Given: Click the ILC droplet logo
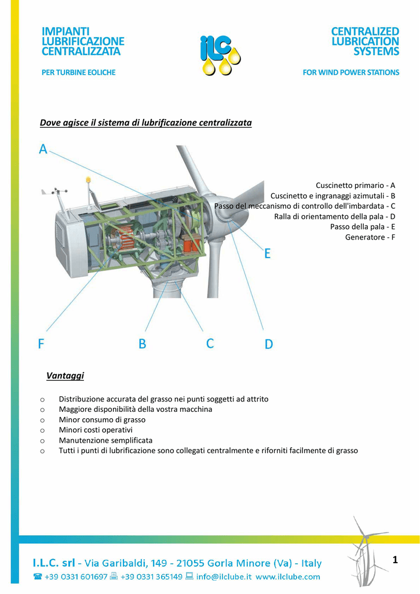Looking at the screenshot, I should pos(220,54).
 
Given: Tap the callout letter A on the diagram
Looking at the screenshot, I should pos(43,149).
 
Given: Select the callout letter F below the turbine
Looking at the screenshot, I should pos(41,344).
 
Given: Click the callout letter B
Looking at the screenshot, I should pos(143,344).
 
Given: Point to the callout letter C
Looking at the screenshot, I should pos(210,343).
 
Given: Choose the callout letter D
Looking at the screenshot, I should pos(269,345).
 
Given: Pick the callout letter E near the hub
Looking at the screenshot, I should pos(267,253).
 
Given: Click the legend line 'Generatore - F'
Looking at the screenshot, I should pos(370,237).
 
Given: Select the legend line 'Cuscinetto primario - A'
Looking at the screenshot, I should pos(355,185).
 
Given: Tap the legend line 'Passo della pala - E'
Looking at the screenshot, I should pos(362,227).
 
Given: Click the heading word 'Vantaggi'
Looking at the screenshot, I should pos(65,376).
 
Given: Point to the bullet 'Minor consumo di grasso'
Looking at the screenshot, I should pos(102,419).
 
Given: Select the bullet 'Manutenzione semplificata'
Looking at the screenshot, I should pos(105,440).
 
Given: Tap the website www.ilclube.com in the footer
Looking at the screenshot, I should pos(288,577).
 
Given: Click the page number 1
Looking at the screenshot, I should pos(395,560).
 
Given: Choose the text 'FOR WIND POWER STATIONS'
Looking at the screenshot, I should pos(350,73).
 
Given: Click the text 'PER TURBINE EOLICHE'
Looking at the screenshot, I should pos(79,73).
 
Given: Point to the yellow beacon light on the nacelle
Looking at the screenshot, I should pos(88,180).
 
